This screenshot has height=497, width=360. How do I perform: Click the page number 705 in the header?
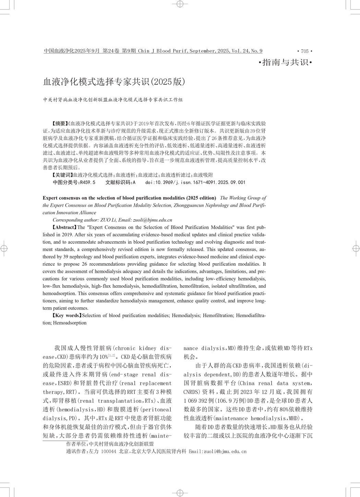(305, 51)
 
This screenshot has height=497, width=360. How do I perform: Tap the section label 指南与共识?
(285, 63)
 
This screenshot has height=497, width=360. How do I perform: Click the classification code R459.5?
(87, 183)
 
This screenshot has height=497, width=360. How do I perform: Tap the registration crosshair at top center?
(180, 4)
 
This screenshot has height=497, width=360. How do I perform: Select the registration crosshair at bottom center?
(180, 493)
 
